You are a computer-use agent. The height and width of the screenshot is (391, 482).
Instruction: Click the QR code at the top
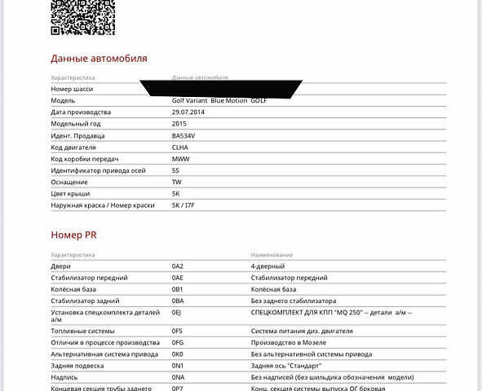pos(82,16)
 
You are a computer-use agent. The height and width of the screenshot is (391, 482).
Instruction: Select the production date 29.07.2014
pos(188,112)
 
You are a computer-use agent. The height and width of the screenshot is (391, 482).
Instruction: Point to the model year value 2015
pos(179,124)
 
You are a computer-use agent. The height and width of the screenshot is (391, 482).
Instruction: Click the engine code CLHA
pos(180,147)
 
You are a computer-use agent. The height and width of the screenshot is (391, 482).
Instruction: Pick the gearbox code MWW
pos(180,159)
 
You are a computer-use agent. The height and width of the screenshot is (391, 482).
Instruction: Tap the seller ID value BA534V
pos(184,136)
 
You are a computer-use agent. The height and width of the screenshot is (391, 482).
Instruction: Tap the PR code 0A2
pos(178,266)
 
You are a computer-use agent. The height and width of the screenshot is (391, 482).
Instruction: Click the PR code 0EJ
pos(176,312)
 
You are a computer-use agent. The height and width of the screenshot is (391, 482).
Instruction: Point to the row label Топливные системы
pos(82,332)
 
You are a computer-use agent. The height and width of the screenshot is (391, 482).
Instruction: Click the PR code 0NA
pos(178,377)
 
